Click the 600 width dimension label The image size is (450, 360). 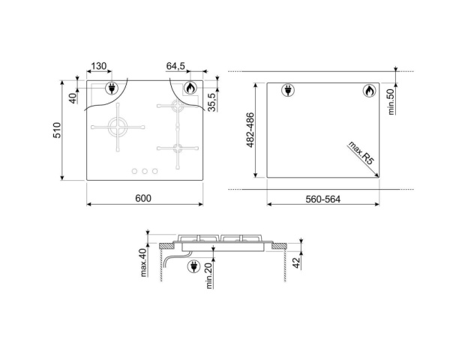pyautogui.click(x=144, y=198)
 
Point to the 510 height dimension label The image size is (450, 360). pyautogui.click(x=67, y=132)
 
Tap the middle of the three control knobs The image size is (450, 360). pyautogui.click(x=145, y=171)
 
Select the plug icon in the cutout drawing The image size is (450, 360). pyautogui.click(x=286, y=91)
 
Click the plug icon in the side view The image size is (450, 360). pyautogui.click(x=191, y=265)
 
